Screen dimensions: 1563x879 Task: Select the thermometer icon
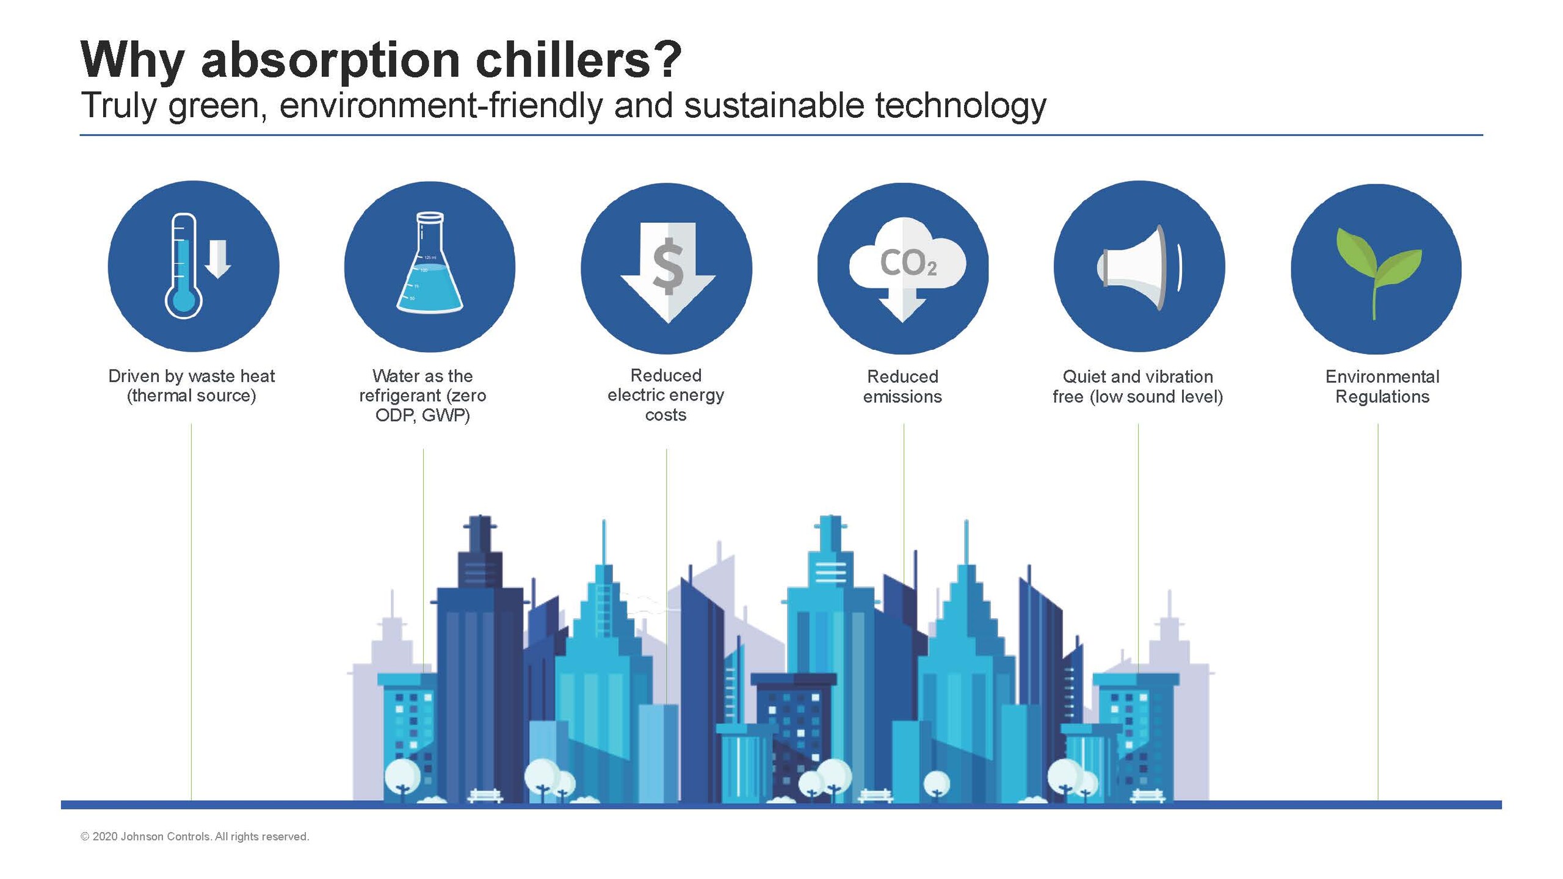click(x=183, y=266)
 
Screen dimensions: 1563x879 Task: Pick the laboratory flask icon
click(x=430, y=262)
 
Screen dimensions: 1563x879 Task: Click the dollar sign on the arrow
click(x=669, y=266)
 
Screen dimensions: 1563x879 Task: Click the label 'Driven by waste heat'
click(x=192, y=376)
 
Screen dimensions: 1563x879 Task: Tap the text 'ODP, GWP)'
click(x=422, y=416)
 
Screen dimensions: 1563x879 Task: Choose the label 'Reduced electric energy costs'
click(x=666, y=395)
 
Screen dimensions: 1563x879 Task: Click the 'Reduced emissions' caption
click(x=902, y=386)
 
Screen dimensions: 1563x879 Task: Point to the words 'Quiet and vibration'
click(x=1138, y=377)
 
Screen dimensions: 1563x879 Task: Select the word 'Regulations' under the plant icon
click(x=1382, y=397)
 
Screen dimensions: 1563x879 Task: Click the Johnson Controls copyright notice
click(x=195, y=837)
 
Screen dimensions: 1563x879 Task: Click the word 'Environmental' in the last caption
click(x=1382, y=377)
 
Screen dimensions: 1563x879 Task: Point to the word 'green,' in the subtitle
click(x=217, y=106)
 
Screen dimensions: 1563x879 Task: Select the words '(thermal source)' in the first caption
click(x=192, y=396)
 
